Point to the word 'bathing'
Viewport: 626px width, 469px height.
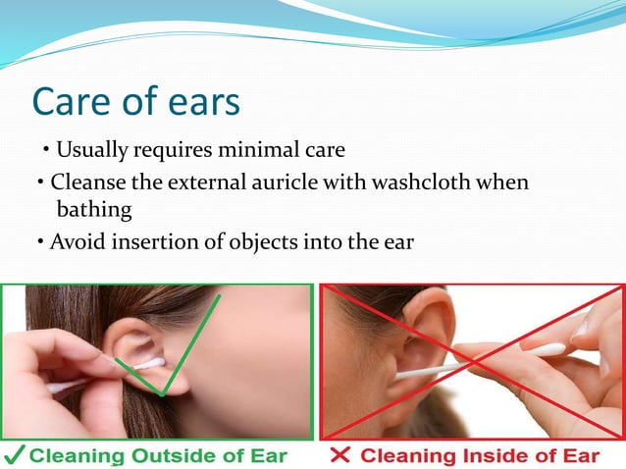[94, 209]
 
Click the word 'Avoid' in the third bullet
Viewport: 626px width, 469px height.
[76, 241]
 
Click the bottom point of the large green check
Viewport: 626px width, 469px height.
[161, 394]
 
